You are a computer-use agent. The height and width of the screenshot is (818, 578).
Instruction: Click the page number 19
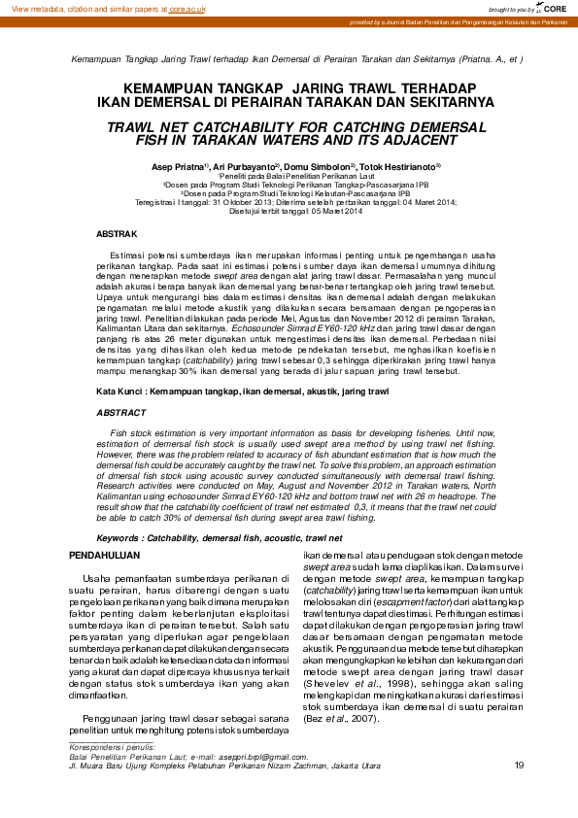[x=519, y=767]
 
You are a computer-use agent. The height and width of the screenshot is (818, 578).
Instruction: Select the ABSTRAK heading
[x=118, y=235]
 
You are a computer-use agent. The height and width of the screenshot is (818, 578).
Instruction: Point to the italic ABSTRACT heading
[x=120, y=413]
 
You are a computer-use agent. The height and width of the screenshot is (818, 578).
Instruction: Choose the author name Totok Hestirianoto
[x=402, y=167]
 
